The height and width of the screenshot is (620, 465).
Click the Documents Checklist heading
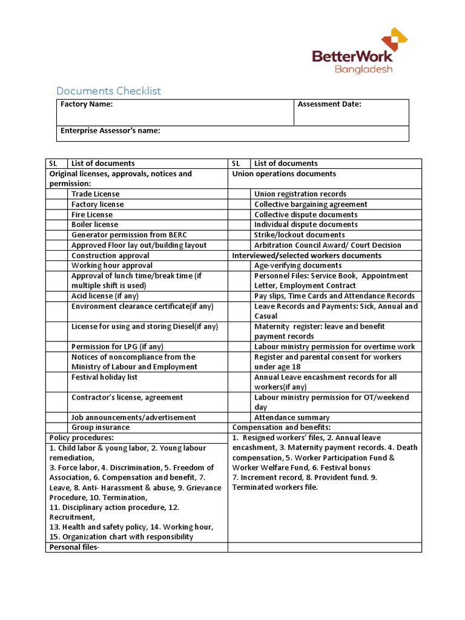pos(108,91)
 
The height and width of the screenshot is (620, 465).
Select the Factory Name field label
pos(87,104)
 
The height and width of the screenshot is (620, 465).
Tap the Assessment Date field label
pos(329,104)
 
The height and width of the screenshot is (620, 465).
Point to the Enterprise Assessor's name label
pos(110,130)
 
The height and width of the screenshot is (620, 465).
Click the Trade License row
pos(96,194)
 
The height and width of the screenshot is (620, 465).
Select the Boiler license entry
pos(95,225)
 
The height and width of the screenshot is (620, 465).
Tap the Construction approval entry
pos(102,256)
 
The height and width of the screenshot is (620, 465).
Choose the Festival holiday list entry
pos(104,377)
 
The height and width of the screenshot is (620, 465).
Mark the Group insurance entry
pos(101,427)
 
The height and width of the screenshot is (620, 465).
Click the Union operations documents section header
pos(284,174)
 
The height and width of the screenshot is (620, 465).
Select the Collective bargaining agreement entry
pos(311,204)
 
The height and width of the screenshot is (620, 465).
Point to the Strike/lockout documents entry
pos(299,235)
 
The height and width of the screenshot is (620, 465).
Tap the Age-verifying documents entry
pos(298,265)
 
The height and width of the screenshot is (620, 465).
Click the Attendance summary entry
pos(292,418)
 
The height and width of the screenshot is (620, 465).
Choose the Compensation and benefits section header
pos(282,427)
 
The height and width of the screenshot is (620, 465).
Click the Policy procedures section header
pos(82,438)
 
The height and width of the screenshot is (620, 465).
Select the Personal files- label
pos(73,547)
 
